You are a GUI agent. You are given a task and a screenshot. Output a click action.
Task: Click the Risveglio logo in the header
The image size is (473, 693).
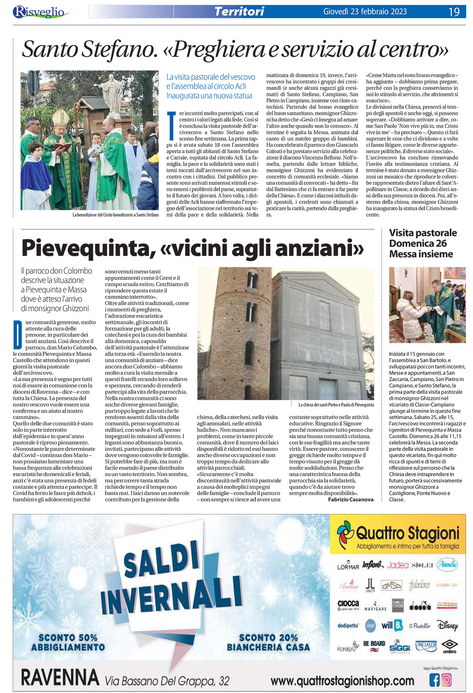click(39, 12)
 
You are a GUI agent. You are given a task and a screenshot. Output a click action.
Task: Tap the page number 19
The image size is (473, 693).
click(454, 12)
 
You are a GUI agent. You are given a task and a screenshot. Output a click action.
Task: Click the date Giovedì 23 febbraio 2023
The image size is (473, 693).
click(365, 11)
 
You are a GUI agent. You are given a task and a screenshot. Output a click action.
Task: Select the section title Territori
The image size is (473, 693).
click(239, 11)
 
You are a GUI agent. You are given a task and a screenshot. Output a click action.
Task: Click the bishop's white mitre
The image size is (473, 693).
click(60, 117)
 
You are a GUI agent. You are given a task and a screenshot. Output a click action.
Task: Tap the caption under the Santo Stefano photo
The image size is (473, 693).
click(115, 215)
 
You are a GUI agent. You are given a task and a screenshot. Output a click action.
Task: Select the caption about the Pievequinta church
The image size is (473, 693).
click(336, 404)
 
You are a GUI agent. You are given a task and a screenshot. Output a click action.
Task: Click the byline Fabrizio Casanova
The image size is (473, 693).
click(350, 499)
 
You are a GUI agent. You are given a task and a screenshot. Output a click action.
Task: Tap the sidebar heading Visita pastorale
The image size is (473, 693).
click(423, 233)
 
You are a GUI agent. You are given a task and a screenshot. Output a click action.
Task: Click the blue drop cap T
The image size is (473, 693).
click(171, 126)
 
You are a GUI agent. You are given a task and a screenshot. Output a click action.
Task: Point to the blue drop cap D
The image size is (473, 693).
click(17, 335)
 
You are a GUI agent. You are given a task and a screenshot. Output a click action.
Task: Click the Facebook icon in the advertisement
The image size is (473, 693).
click(434, 680)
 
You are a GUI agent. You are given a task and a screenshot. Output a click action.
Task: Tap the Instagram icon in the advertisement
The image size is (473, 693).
click(447, 680)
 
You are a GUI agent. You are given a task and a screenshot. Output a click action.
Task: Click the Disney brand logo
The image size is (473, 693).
click(447, 626)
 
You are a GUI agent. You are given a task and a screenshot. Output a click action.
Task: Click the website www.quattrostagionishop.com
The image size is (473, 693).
click(342, 681)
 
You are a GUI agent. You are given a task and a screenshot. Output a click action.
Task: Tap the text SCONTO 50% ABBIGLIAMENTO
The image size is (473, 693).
click(68, 642)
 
